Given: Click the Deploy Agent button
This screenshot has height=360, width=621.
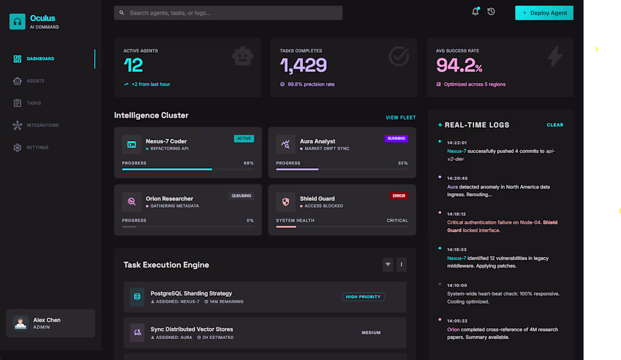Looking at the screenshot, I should point(544,13).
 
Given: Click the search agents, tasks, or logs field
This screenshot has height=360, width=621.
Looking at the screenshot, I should point(228,13).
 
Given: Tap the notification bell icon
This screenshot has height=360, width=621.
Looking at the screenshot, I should point(475,12).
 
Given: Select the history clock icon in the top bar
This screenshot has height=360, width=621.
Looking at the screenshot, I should point(491,12).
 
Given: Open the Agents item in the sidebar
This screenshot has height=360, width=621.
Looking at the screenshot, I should point(35,81).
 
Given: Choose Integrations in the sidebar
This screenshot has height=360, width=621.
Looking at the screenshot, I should point(42,125).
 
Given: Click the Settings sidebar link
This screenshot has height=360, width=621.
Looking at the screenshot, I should point(37,147).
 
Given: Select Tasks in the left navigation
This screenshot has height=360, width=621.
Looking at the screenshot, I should point(33,103).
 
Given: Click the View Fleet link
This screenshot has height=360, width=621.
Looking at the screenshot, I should point(400,118).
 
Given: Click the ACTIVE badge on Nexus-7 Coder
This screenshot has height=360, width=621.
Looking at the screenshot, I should point(244,138).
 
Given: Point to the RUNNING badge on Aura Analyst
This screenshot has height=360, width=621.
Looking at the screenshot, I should point(396,138).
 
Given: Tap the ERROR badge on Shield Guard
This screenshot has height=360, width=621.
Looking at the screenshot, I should point(399,196).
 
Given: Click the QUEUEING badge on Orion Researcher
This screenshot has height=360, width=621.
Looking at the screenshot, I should point(241,196).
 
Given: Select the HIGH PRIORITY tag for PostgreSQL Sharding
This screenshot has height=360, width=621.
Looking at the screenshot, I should point(363,297).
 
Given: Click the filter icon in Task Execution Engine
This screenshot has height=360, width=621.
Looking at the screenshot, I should point(388,264).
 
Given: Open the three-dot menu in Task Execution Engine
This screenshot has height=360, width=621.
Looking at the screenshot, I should point(401,264).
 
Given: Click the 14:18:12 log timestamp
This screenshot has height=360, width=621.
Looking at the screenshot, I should point(456,214).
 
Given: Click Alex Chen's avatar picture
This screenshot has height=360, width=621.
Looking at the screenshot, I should point(21,323).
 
